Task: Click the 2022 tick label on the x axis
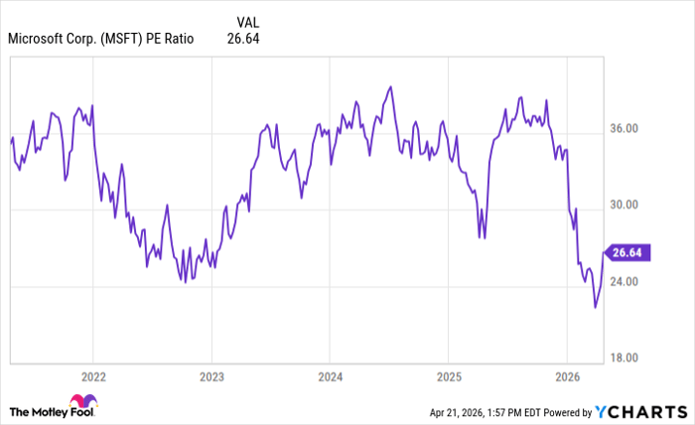tap(92, 377)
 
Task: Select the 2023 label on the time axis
tap(210, 377)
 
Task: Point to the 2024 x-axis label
tap(330, 377)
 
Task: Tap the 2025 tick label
tap(448, 377)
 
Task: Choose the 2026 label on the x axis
tap(566, 377)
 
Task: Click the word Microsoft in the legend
tap(39, 40)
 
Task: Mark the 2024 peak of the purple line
tap(390, 86)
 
